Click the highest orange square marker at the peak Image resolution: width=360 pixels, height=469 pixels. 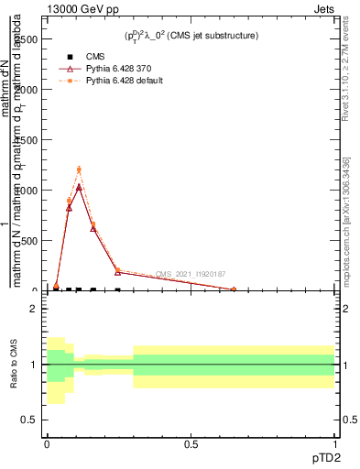79,169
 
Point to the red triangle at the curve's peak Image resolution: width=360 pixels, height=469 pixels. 79,187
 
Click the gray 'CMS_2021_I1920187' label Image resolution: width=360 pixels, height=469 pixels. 191,274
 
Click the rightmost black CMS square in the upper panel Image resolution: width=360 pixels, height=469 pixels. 117,289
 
